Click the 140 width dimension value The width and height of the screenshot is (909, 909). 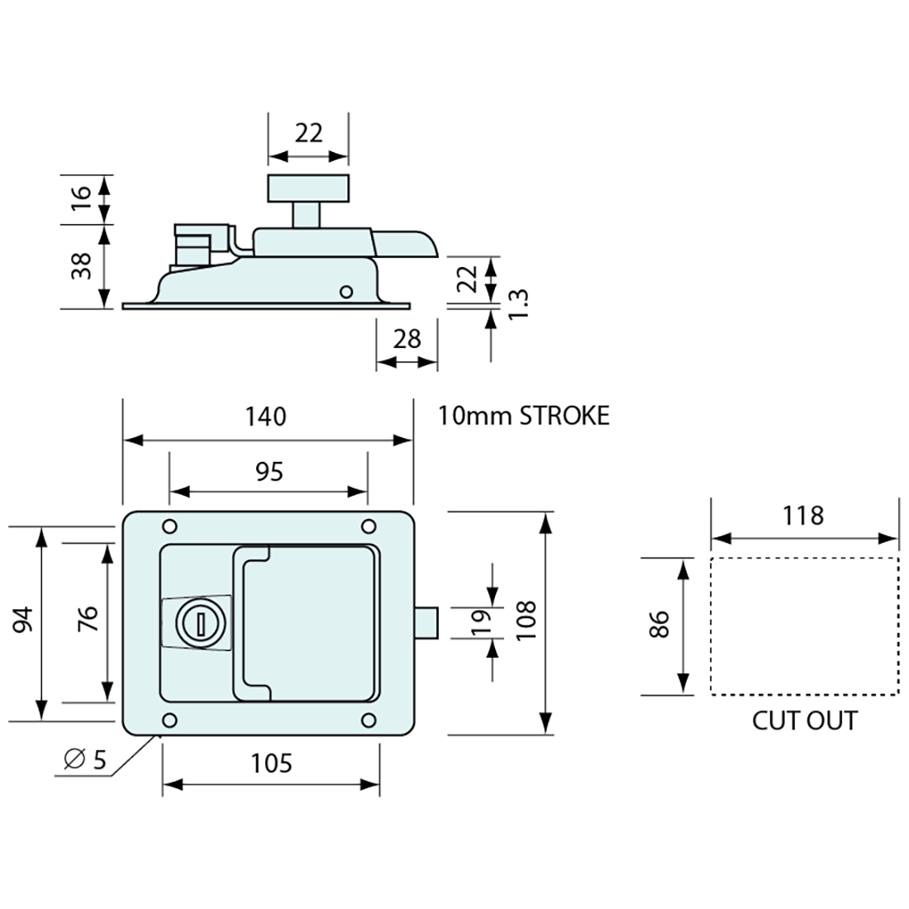click(x=266, y=416)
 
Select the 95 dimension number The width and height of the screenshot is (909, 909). click(x=269, y=471)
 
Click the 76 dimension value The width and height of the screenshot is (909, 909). click(x=88, y=620)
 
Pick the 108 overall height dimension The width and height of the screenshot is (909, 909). click(x=526, y=619)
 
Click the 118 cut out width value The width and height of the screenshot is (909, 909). click(x=803, y=516)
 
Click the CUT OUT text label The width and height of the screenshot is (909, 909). click(x=804, y=721)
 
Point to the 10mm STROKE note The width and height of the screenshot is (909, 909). click(x=524, y=415)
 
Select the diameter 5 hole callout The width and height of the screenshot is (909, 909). click(x=86, y=759)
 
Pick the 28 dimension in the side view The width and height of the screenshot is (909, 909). click(x=407, y=339)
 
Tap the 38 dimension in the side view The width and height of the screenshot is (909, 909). click(x=82, y=266)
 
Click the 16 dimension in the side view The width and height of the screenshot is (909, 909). click(x=82, y=199)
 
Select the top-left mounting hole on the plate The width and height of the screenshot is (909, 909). click(x=169, y=526)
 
